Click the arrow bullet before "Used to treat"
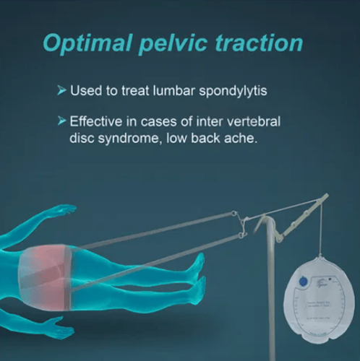60,92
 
